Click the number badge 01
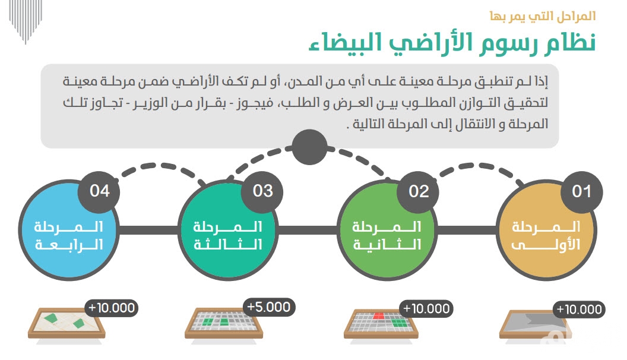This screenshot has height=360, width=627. point(581,192)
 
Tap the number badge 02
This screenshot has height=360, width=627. point(418,192)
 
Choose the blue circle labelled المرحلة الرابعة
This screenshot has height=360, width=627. point(69,230)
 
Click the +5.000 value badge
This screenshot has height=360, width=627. point(269,307)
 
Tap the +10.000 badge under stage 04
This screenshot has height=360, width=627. point(112,308)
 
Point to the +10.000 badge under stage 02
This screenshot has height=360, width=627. point(426,309)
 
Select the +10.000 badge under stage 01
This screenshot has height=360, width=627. point(579,309)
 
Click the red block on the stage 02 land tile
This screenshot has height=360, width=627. point(378,316)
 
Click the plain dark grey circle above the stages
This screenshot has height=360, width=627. point(309,147)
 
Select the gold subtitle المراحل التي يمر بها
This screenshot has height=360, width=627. point(543,17)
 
